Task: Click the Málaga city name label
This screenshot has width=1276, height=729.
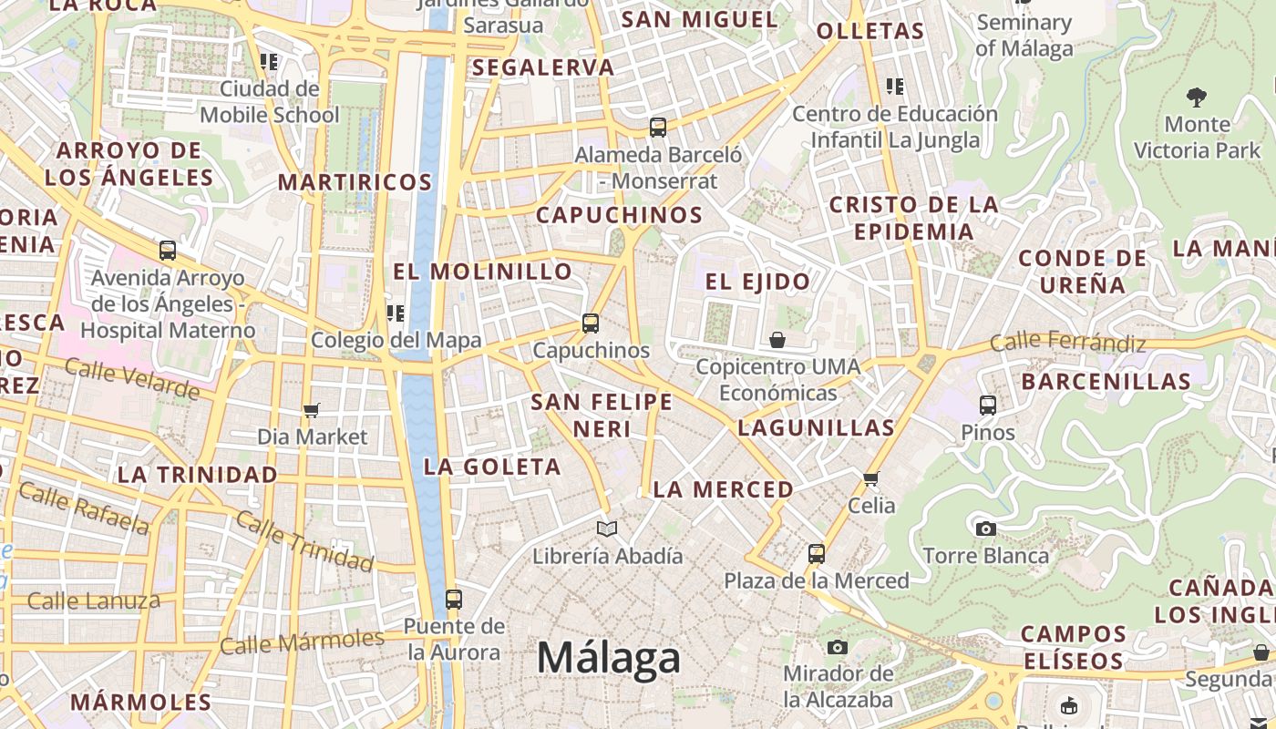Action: (x=608, y=658)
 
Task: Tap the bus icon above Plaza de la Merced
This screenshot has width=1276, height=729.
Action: (x=817, y=553)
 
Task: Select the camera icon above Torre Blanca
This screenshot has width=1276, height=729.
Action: (x=985, y=529)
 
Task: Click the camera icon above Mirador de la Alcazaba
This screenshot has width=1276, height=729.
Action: (x=838, y=647)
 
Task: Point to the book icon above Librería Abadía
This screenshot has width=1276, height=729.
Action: (x=607, y=529)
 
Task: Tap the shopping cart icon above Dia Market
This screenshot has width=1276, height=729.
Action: (x=312, y=410)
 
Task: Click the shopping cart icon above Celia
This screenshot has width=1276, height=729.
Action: (x=871, y=478)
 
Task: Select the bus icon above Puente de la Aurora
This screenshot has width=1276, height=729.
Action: (x=454, y=599)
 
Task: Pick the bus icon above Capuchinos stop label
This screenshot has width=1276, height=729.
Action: (x=591, y=323)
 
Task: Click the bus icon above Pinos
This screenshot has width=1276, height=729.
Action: (x=988, y=405)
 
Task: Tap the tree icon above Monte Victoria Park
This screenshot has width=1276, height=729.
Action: (x=1197, y=97)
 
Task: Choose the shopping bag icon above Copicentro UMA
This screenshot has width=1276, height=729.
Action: (x=777, y=340)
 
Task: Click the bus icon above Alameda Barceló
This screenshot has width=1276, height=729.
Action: (x=658, y=127)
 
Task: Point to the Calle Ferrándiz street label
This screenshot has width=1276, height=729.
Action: (x=1067, y=343)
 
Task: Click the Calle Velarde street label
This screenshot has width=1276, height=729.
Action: (x=132, y=379)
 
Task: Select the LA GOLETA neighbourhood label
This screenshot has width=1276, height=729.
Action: (x=492, y=467)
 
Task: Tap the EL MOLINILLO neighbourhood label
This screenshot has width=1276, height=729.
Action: (x=482, y=272)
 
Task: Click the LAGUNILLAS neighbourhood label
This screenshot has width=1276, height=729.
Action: (x=816, y=427)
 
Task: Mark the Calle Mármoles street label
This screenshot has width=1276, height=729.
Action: (x=303, y=641)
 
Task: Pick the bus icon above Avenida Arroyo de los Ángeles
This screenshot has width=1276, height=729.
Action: (x=168, y=250)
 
